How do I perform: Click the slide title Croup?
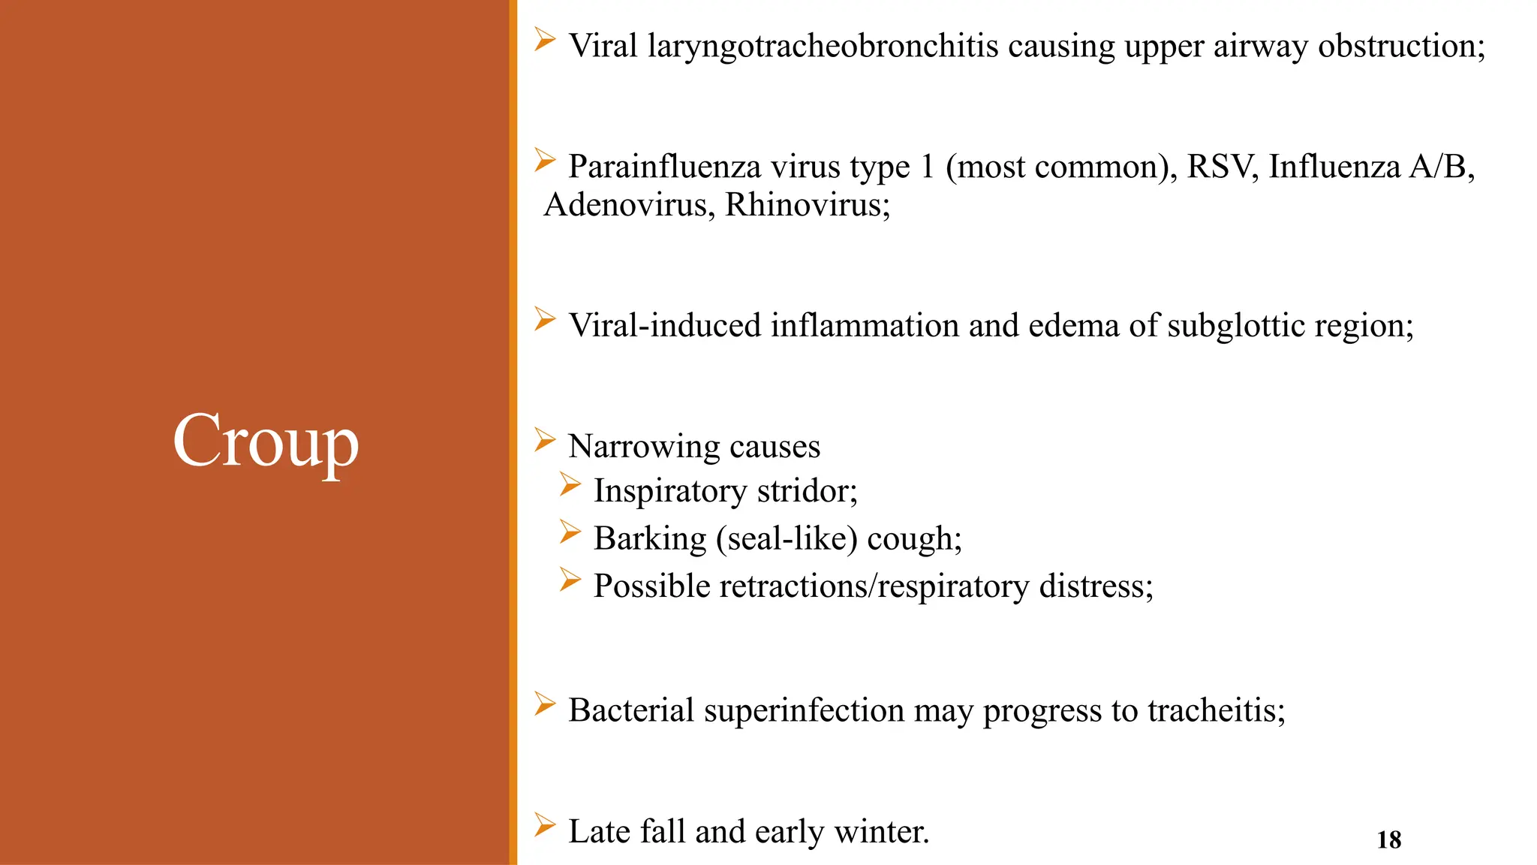point(266,442)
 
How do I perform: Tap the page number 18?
point(1388,839)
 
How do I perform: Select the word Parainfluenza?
point(663,167)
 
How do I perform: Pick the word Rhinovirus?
point(808,205)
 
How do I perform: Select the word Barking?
point(650,539)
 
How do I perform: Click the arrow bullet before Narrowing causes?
point(545,440)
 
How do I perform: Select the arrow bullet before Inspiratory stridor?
point(570,485)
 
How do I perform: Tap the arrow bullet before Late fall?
point(545,825)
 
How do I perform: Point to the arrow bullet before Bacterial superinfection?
point(545,704)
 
